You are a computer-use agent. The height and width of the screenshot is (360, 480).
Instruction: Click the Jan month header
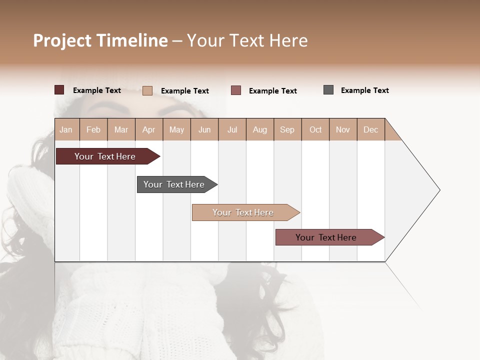pos(66,129)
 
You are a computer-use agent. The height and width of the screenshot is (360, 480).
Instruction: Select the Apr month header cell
pos(149,129)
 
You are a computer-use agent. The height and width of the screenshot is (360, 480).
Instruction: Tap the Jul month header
pos(232,129)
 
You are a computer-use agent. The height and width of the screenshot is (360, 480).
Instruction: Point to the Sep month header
pos(287,129)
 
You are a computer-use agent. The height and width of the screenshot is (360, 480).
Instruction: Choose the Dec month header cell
pos(370,129)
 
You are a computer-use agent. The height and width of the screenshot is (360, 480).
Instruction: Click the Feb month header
pos(93,129)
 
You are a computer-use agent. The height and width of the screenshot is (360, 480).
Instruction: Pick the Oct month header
pos(315,129)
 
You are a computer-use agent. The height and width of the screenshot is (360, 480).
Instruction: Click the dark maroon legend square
pos(59,90)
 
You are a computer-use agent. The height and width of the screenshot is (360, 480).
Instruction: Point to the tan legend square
pos(147,90)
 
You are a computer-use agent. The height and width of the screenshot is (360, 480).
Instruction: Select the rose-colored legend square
pos(236,90)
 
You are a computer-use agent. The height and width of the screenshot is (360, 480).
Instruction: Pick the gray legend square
pos(328,90)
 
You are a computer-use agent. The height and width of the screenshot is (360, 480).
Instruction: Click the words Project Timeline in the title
pos(100,40)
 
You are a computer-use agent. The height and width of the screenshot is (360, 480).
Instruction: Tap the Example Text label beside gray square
pos(364,90)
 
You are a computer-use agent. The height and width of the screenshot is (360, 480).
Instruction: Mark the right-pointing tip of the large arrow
pos(439,190)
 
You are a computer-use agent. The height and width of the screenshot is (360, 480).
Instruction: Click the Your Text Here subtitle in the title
pos(247,40)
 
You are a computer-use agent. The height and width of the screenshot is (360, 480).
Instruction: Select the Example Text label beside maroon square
pos(96,90)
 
